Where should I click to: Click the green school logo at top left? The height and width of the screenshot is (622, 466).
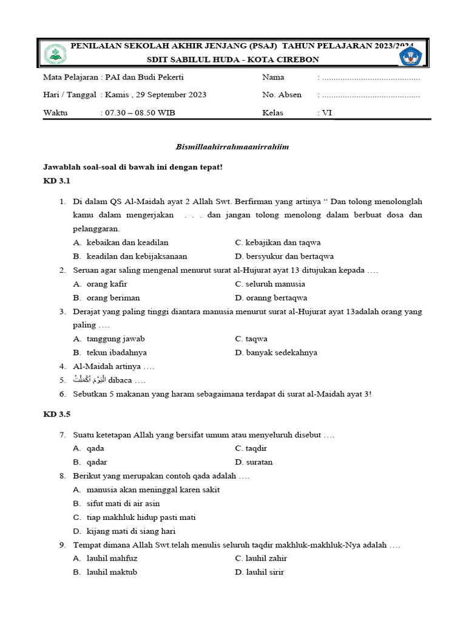56,53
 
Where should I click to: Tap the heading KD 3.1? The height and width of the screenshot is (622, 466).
57,181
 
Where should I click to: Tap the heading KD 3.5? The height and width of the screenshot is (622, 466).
57,414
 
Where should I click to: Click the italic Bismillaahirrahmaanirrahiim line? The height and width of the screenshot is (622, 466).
232,146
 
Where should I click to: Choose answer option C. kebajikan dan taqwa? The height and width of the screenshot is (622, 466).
278,242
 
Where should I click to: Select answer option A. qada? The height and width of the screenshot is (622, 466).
89,448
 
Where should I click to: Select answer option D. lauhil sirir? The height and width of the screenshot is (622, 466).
260,572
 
